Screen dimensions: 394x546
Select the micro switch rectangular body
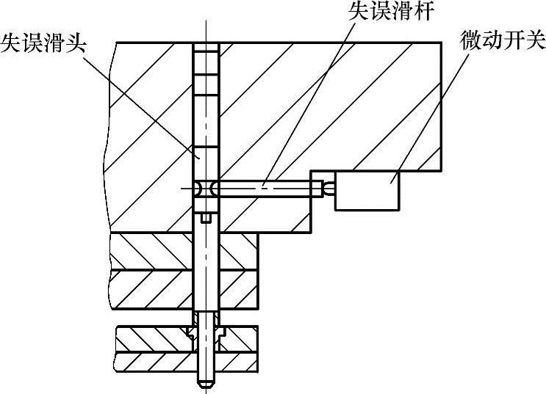point(367,190)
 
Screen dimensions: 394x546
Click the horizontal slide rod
point(265,189)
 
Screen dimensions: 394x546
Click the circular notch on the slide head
point(206,189)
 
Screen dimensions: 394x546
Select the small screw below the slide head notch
point(206,217)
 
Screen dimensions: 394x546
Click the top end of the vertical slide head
point(206,46)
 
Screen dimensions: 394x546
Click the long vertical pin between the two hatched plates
point(206,271)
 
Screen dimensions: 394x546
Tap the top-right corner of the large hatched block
point(441,42)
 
